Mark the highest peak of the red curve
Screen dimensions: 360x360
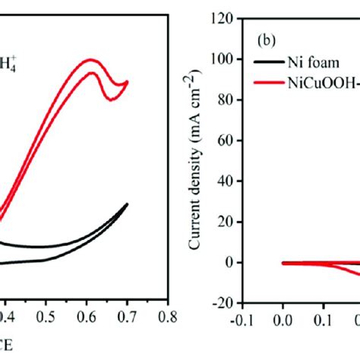click(x=90, y=59)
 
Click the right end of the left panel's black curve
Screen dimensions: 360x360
click(x=127, y=204)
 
